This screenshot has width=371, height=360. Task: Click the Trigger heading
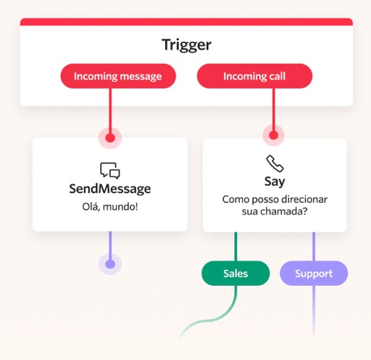click(187, 45)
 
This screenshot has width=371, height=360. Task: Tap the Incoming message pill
click(118, 76)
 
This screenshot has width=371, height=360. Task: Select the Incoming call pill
click(254, 76)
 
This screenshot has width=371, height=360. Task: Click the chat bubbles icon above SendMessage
click(110, 171)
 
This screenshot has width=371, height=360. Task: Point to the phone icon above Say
click(275, 163)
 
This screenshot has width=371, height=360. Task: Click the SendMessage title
click(110, 189)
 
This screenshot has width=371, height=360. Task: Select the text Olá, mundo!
click(110, 207)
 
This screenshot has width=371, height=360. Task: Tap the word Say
click(274, 181)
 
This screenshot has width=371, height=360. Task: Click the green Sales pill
click(236, 274)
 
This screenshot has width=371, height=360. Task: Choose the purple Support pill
click(313, 274)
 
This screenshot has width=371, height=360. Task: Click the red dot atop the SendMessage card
click(110, 138)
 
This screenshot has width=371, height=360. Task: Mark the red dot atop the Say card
click(274, 135)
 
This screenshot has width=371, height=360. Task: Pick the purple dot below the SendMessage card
click(110, 264)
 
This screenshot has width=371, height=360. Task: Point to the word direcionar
click(304, 199)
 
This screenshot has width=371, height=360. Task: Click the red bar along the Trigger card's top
click(187, 22)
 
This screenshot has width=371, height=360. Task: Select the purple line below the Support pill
click(313, 311)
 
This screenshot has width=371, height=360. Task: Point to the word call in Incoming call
click(276, 76)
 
